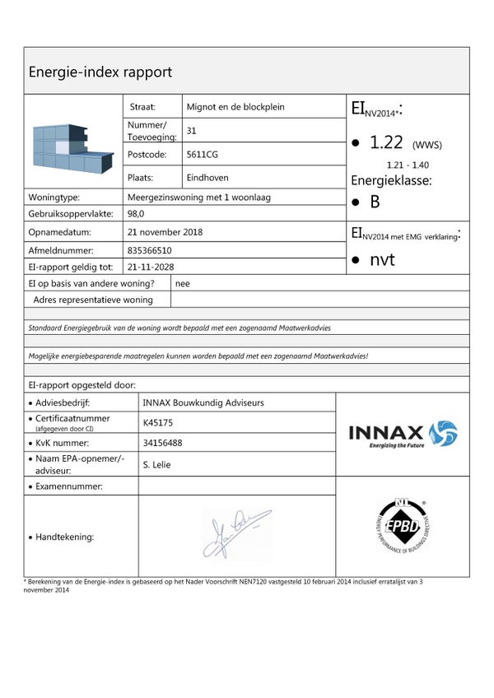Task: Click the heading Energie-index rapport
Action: click(x=100, y=72)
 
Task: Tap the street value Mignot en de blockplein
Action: click(x=236, y=107)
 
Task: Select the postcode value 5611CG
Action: click(x=203, y=154)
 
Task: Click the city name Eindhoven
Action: click(x=207, y=178)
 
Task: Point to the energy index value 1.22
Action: click(x=385, y=142)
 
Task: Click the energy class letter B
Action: click(x=375, y=202)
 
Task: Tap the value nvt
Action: click(x=382, y=260)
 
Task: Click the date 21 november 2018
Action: click(x=165, y=232)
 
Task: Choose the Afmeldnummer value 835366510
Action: click(x=151, y=250)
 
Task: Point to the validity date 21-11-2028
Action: click(x=151, y=267)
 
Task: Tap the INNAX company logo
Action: click(x=402, y=434)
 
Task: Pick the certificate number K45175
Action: click(x=159, y=423)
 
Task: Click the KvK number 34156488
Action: click(x=163, y=443)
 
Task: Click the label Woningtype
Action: click(x=54, y=198)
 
